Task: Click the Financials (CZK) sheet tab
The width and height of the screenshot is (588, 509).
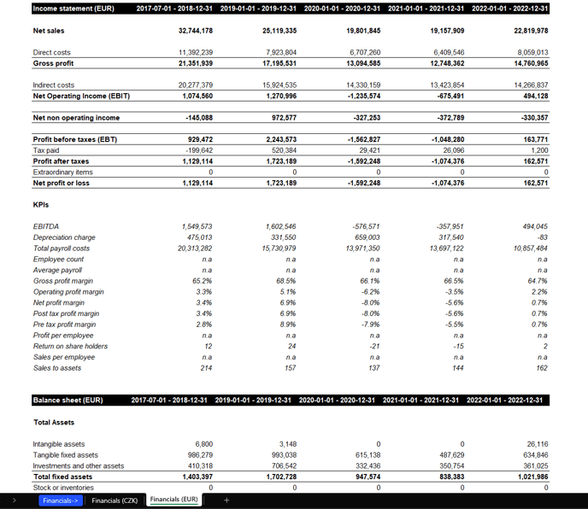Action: point(115,500)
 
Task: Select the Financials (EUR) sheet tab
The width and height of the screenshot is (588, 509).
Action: point(173,500)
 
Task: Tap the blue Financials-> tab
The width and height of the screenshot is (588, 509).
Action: point(59,500)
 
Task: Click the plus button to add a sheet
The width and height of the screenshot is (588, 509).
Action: point(226,500)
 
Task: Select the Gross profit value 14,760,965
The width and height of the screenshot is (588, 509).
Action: point(531,63)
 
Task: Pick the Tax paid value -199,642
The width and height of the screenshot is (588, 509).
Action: point(197,150)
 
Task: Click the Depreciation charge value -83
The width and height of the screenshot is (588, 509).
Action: point(540,237)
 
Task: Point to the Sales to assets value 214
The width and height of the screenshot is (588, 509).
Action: point(206,368)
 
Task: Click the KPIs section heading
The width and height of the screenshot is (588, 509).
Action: point(41,205)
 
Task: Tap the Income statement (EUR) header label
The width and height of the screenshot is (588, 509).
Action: point(73,9)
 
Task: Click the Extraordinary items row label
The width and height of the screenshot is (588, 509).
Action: point(62,172)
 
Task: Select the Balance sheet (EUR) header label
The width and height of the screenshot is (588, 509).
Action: point(68,400)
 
